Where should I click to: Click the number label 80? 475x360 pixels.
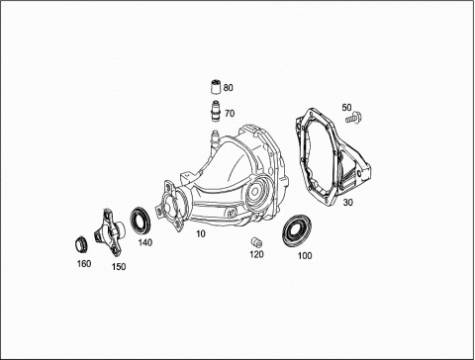pyautogui.click(x=228, y=88)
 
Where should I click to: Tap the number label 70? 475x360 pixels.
pyautogui.click(x=230, y=114)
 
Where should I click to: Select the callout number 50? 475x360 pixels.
pyautogui.click(x=346, y=108)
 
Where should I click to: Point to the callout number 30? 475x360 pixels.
pyautogui.click(x=347, y=202)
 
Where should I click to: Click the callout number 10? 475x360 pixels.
pyautogui.click(x=201, y=233)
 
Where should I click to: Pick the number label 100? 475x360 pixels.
pyautogui.click(x=305, y=255)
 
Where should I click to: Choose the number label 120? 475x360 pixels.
pyautogui.click(x=256, y=254)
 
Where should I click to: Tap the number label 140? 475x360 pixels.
pyautogui.click(x=145, y=242)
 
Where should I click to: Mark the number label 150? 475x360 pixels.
pyautogui.click(x=119, y=266)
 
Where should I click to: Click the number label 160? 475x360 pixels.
pyautogui.click(x=84, y=264)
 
